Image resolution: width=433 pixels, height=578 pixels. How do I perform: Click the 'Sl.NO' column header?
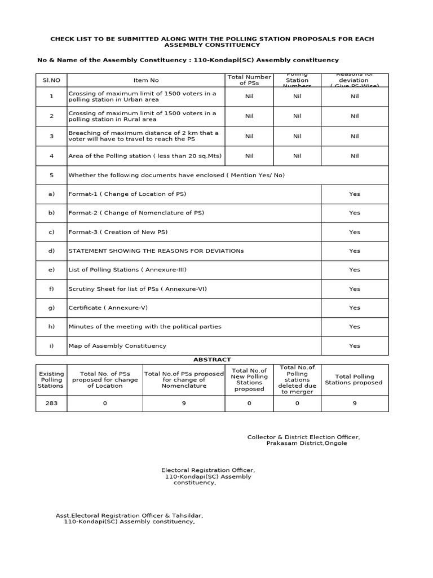coord(51,80)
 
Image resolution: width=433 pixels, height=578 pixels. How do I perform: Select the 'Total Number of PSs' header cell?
coord(249,80)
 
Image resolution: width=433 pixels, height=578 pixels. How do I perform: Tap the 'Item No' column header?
coord(145,80)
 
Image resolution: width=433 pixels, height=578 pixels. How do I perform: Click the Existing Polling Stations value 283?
coord(51,403)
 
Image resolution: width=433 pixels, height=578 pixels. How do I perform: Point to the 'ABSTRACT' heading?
coord(212,359)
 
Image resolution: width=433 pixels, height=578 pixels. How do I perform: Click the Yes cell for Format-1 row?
coord(354,194)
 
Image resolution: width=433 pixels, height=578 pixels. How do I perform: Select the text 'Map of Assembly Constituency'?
coord(117,345)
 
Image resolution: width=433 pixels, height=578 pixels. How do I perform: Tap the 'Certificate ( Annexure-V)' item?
coord(108,308)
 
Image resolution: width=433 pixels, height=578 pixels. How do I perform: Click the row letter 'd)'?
coord(51,251)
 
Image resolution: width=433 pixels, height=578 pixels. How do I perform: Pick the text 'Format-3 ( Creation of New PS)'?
coord(118,232)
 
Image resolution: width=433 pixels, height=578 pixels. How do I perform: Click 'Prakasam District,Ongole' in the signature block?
coord(307,443)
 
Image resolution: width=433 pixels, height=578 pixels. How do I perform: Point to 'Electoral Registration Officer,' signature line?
coord(208,470)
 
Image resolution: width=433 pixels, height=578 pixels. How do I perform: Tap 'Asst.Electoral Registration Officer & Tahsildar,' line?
coord(129,515)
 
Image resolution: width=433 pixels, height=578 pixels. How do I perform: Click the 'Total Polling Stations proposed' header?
coord(354,379)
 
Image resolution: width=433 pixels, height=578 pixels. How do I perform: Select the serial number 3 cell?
coord(51,136)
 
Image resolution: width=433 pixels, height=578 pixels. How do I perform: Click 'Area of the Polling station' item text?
coord(145,156)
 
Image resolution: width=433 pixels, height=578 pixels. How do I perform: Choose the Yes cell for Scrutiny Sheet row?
coord(354,288)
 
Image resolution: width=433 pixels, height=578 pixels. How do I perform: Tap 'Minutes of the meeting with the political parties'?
coord(145,326)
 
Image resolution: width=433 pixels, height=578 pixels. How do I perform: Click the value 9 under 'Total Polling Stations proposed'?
coord(354,403)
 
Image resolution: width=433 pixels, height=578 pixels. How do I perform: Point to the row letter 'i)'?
coord(51,345)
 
